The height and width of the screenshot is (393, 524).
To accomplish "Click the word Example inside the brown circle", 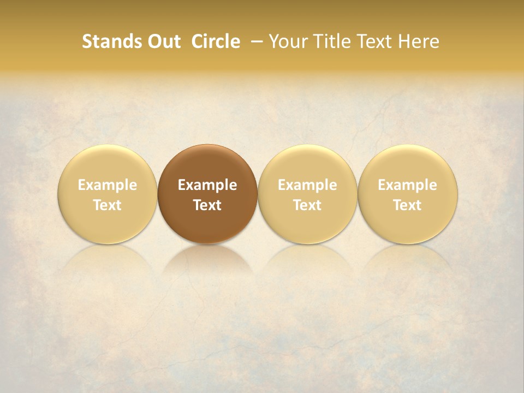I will [207, 185].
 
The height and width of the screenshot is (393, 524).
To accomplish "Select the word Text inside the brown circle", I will [207, 205].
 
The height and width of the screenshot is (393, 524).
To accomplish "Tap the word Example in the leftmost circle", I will [108, 185].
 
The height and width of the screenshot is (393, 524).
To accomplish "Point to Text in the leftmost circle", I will [108, 205].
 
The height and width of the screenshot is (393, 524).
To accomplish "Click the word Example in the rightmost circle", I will [407, 185].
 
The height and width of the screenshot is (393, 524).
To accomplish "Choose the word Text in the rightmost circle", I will [407, 205].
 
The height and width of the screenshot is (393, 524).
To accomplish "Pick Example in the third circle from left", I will [307, 185].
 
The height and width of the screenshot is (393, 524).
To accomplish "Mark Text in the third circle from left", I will [307, 205].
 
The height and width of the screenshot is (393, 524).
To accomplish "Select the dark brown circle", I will [207, 164].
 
